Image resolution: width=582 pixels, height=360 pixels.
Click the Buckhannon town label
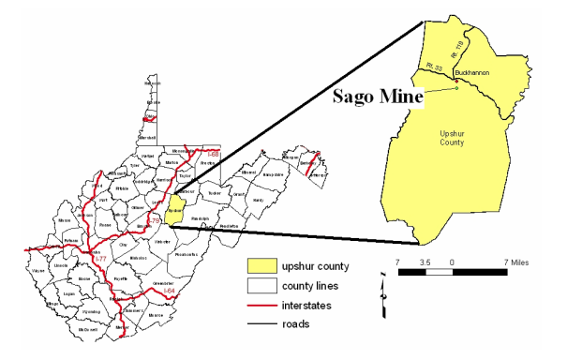[x=470, y=71]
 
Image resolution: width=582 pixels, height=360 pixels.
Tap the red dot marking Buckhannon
[x=456, y=82]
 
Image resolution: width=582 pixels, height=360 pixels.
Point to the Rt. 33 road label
[x=432, y=67]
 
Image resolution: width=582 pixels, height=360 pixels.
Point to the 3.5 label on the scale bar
[x=426, y=261]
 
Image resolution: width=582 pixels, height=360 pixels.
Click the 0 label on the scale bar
[x=452, y=261]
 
